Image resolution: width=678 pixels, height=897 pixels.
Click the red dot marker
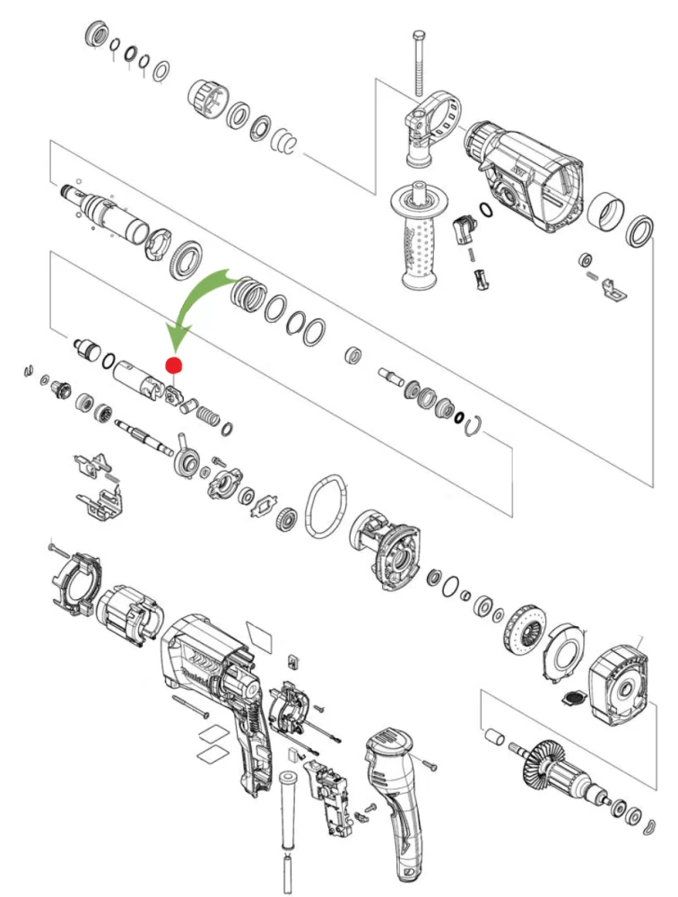point(174,365)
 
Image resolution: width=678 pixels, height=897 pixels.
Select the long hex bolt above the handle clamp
point(418,62)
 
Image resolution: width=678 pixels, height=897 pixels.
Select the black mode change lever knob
point(464,230)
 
